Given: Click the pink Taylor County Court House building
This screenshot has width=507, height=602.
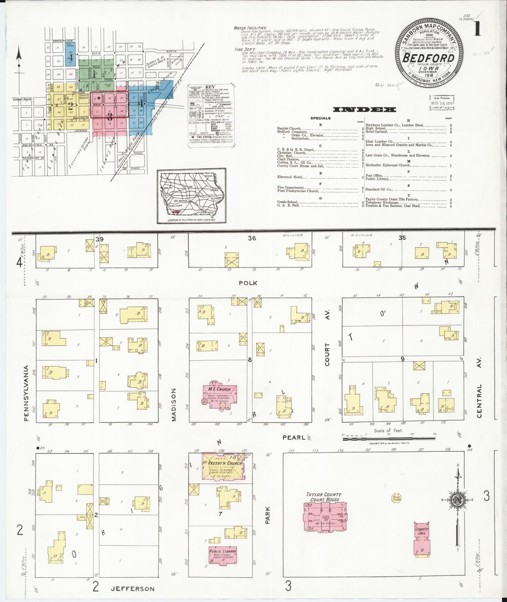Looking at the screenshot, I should [325, 518].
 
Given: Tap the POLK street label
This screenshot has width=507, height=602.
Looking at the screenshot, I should [248, 283].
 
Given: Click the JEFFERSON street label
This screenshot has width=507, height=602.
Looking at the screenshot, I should [132, 588].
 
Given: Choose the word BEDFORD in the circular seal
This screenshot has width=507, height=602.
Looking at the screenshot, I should [428, 59].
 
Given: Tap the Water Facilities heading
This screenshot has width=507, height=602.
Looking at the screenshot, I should [251, 28].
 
